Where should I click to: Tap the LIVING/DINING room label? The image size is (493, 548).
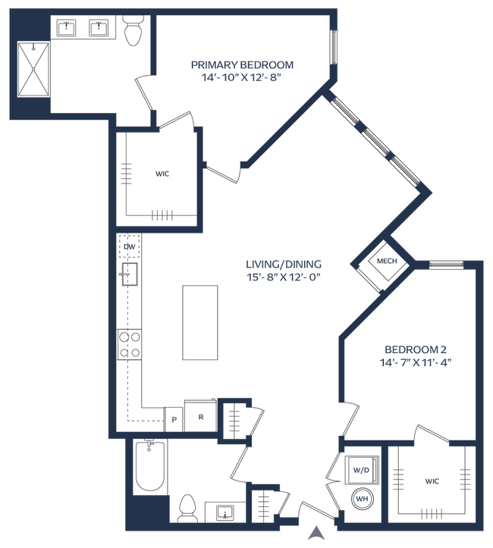(284, 264)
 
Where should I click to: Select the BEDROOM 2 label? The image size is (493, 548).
(416, 349)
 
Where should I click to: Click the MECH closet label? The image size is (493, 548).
(387, 261)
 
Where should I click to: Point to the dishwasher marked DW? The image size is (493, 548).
(130, 246)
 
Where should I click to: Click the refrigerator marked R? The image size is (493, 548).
(201, 415)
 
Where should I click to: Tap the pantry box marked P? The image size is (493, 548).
(174, 419)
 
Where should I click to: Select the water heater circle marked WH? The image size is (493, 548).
(363, 499)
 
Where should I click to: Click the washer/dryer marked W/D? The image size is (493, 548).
(362, 470)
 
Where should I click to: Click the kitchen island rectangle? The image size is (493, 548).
(200, 322)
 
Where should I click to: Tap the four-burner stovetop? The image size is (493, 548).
(130, 344)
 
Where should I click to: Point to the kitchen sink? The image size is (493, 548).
(129, 274)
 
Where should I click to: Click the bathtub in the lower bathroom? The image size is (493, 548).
(150, 467)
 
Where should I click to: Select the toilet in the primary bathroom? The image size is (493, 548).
(133, 30)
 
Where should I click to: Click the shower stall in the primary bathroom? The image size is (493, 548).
(33, 69)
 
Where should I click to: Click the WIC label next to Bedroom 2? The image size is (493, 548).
(432, 481)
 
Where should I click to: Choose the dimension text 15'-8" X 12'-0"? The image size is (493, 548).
(284, 277)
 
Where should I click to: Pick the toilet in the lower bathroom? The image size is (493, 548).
(187, 509)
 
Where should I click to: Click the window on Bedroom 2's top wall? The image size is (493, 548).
(447, 265)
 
